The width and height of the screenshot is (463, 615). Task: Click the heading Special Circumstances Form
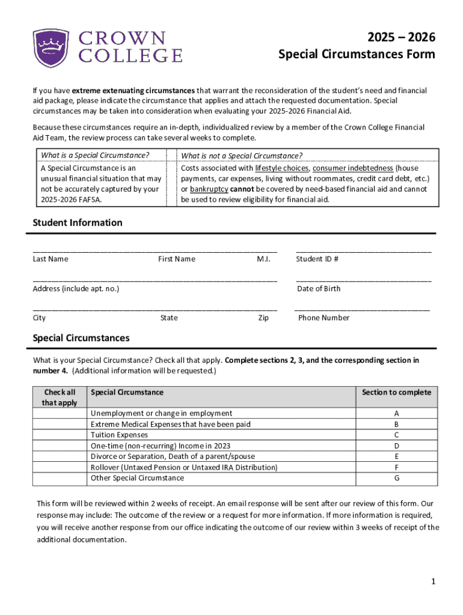tap(357, 55)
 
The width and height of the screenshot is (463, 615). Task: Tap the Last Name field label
tap(51, 259)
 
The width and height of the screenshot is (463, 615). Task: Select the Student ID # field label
tap(317, 259)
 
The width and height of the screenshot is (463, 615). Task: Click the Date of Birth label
tap(319, 288)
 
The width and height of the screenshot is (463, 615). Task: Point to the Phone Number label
tap(323, 318)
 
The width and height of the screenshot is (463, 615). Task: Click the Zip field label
tap(263, 318)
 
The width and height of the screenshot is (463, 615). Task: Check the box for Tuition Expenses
tap(59, 435)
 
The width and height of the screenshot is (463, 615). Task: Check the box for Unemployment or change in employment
tap(59, 413)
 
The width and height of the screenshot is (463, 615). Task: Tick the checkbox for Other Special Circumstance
tap(59, 478)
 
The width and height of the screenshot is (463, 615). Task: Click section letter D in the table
tap(396, 446)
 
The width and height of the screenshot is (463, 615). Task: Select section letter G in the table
tap(396, 478)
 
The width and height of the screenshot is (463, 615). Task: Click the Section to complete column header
tap(396, 392)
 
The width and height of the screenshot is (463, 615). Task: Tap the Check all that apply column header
tap(59, 397)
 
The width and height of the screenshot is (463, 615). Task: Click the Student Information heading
tap(77, 223)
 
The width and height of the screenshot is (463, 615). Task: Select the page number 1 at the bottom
tap(432, 581)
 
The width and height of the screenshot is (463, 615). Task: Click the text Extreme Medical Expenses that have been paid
tap(170, 424)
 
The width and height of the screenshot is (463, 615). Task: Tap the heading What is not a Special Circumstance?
tap(242, 156)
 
